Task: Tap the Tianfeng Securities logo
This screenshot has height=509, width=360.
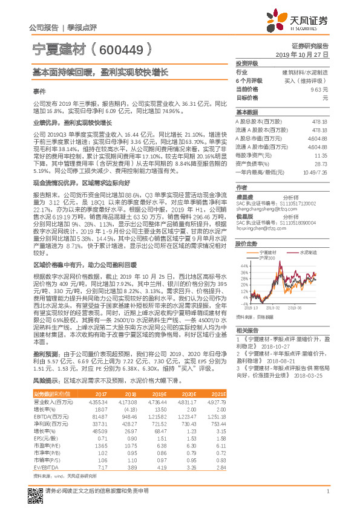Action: click(x=299, y=23)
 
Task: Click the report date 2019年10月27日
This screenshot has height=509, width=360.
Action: click(x=307, y=54)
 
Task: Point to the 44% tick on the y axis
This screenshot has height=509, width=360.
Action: click(x=244, y=265)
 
